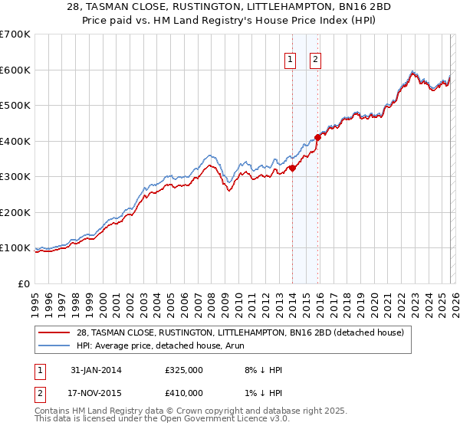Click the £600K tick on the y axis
15,70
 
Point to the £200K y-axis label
15,212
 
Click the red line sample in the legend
56,332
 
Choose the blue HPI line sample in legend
56,345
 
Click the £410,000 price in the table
184,392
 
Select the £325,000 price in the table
184,369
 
